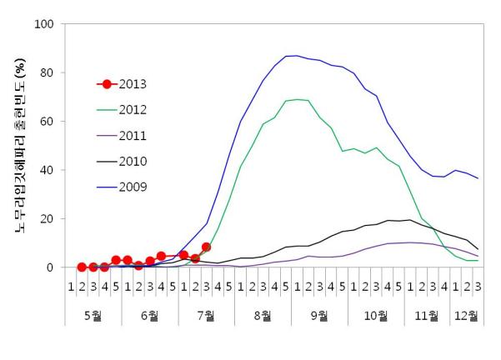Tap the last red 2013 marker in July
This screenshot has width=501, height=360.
tap(206, 247)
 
